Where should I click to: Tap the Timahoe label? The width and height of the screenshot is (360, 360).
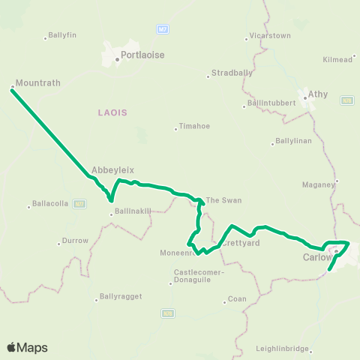[193, 127]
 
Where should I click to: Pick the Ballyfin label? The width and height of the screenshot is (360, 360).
[61, 35]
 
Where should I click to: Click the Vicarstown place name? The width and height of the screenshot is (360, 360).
[269, 35]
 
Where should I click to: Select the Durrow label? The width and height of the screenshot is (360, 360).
[76, 240]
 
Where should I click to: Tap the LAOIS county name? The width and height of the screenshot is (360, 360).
[112, 112]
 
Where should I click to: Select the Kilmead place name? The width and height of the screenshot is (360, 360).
[336, 59]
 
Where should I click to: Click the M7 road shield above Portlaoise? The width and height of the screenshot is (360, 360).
[163, 29]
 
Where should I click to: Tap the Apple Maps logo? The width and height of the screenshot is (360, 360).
[28, 347]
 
